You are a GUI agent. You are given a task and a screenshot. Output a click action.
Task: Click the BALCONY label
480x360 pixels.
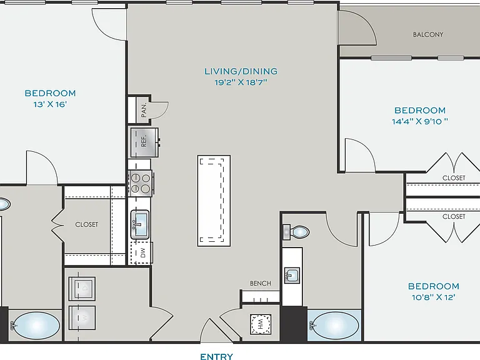tap(428, 34)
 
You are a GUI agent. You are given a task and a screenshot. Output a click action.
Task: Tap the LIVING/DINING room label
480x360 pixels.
tap(241, 71)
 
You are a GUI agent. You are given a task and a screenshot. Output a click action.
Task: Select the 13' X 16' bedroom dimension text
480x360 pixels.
tap(50, 104)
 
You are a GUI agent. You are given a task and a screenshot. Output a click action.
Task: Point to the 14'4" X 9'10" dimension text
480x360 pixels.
tap(420, 121)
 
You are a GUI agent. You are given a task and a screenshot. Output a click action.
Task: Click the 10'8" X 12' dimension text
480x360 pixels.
tap(434, 297)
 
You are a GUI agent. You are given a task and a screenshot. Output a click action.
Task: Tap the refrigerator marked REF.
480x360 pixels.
tap(144, 142)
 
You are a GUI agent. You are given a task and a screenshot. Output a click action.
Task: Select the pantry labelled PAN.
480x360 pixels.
tap(139, 110)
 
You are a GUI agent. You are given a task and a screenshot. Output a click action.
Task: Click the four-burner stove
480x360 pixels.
tap(141, 183)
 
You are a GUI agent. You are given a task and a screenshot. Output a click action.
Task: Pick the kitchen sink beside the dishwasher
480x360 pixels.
tap(140, 224)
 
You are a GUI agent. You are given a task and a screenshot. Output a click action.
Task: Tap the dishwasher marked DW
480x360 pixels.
tap(141, 253)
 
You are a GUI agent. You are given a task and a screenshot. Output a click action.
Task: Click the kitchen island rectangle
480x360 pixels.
tap(214, 201)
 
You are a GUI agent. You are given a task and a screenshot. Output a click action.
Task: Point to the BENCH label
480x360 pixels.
tap(261, 284)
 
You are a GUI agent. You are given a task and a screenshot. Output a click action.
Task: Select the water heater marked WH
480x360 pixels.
tap(261, 324)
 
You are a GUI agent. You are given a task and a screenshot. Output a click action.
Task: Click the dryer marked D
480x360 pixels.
tap(82, 289)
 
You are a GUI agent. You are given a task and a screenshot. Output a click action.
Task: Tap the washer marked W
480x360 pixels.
tap(82, 317)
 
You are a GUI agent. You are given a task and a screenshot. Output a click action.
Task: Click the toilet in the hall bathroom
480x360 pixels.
tap(296, 232)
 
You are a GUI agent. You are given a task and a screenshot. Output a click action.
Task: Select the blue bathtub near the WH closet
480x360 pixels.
tap(334, 326)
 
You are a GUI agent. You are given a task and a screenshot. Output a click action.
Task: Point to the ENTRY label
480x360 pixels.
tap(216, 356)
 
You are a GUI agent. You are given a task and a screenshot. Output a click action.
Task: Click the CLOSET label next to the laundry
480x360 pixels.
tap(87, 225)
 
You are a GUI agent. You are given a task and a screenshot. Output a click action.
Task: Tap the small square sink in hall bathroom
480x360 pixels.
tap(292, 276)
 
